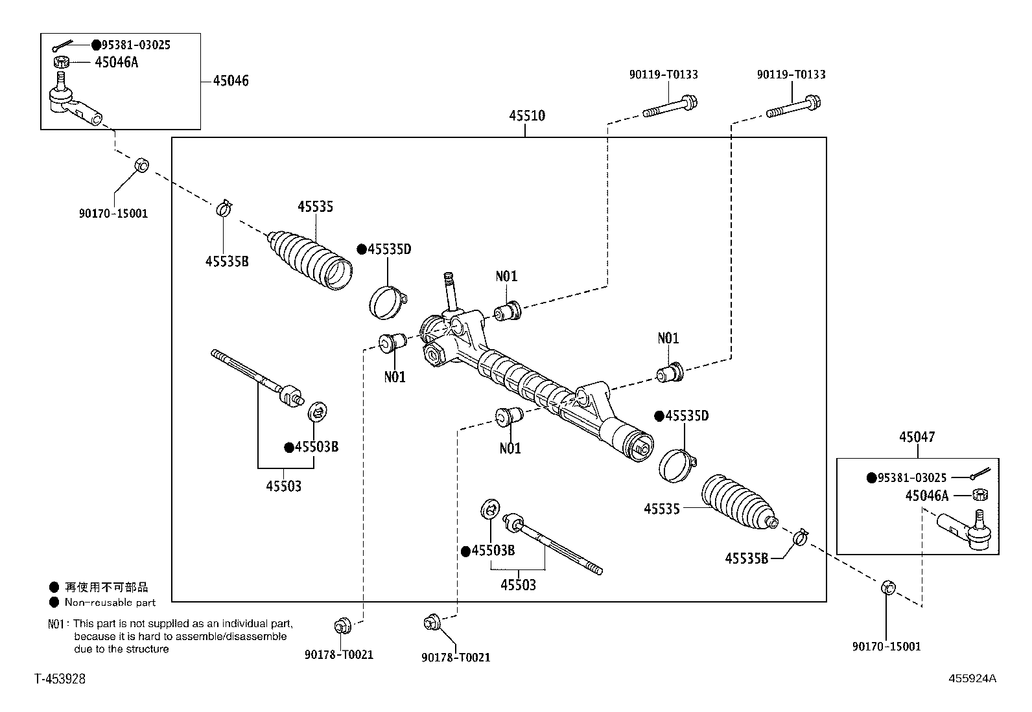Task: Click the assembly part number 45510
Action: tap(526, 116)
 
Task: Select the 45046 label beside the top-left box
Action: tap(231, 81)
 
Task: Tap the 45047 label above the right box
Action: tap(917, 437)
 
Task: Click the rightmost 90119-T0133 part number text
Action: tap(791, 75)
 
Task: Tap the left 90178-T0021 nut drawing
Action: tap(342, 625)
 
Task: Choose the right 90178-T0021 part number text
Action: tap(456, 658)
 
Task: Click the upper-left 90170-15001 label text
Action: tap(113, 213)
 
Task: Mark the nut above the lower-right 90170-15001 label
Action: tap(889, 588)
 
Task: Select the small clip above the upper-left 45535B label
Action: tap(224, 208)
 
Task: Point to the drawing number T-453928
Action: tap(60, 678)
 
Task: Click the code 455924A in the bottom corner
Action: tap(972, 678)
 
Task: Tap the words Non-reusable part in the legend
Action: tap(110, 603)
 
